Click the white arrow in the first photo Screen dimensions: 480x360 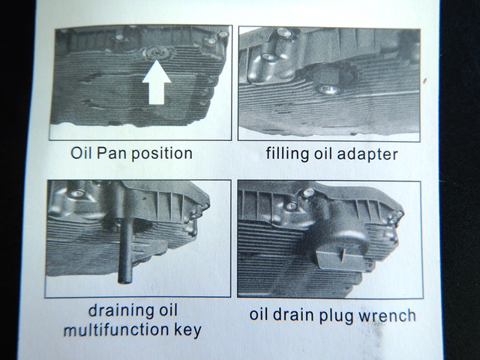pyautogui.click(x=157, y=82)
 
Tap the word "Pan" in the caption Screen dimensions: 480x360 pyautogui.click(x=112, y=153)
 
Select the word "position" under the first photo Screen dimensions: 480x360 pyautogui.click(x=162, y=154)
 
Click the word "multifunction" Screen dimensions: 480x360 pyautogui.click(x=116, y=330)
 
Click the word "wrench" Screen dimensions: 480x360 pyautogui.click(x=387, y=316)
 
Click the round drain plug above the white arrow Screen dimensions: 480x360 pyautogui.click(x=157, y=53)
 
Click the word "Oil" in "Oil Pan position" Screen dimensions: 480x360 pyautogui.click(x=81, y=153)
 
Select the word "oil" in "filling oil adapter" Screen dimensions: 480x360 pyautogui.click(x=321, y=154)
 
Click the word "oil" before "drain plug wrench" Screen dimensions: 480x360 pyautogui.click(x=259, y=315)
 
